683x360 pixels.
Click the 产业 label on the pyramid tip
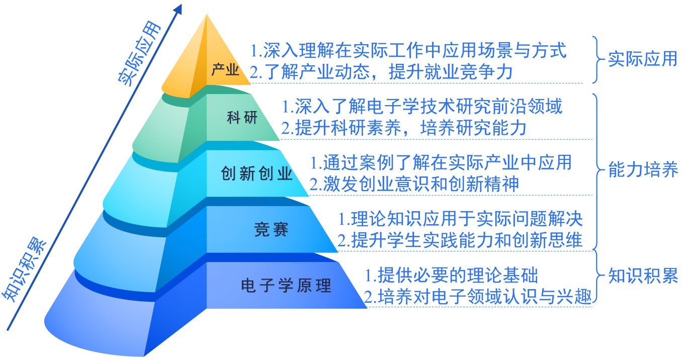pos(225,69)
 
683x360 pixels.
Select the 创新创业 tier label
pos(257,174)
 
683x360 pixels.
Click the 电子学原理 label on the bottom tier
pos(286,286)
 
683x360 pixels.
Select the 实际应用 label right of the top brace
pos(643,59)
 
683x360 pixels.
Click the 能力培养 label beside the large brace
pos(643,170)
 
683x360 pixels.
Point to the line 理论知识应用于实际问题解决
pos(460,219)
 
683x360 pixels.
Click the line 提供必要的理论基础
pos(451,275)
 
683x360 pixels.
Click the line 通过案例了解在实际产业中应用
pos(441,162)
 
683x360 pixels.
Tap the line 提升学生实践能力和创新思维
pos(460,240)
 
